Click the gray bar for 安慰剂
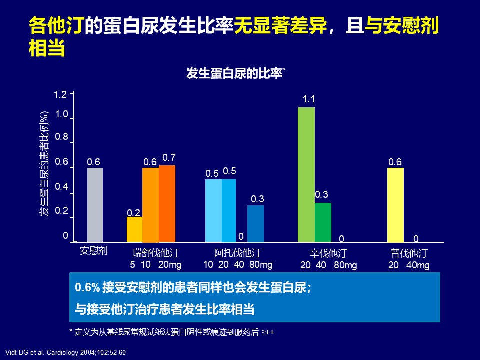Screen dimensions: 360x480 click(x=95, y=205)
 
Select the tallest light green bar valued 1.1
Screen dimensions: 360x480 click(x=306, y=175)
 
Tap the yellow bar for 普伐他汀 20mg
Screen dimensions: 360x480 click(x=395, y=205)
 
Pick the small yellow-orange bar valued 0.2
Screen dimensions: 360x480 click(x=134, y=229)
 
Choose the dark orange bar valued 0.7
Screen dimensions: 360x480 click(x=167, y=204)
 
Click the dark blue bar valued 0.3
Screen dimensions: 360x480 click(x=255, y=223)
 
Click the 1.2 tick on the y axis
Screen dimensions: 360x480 click(x=61, y=94)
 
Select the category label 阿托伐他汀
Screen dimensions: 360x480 click(x=237, y=252)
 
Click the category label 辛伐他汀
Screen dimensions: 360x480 click(x=328, y=253)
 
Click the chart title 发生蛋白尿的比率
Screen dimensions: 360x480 click(x=234, y=74)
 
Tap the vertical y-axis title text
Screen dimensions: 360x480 click(x=45, y=164)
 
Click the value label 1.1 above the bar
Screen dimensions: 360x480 click(x=309, y=99)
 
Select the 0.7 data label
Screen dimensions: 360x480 click(x=169, y=158)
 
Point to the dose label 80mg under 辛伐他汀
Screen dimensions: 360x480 click(x=345, y=265)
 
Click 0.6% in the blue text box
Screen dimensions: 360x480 click(x=87, y=288)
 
